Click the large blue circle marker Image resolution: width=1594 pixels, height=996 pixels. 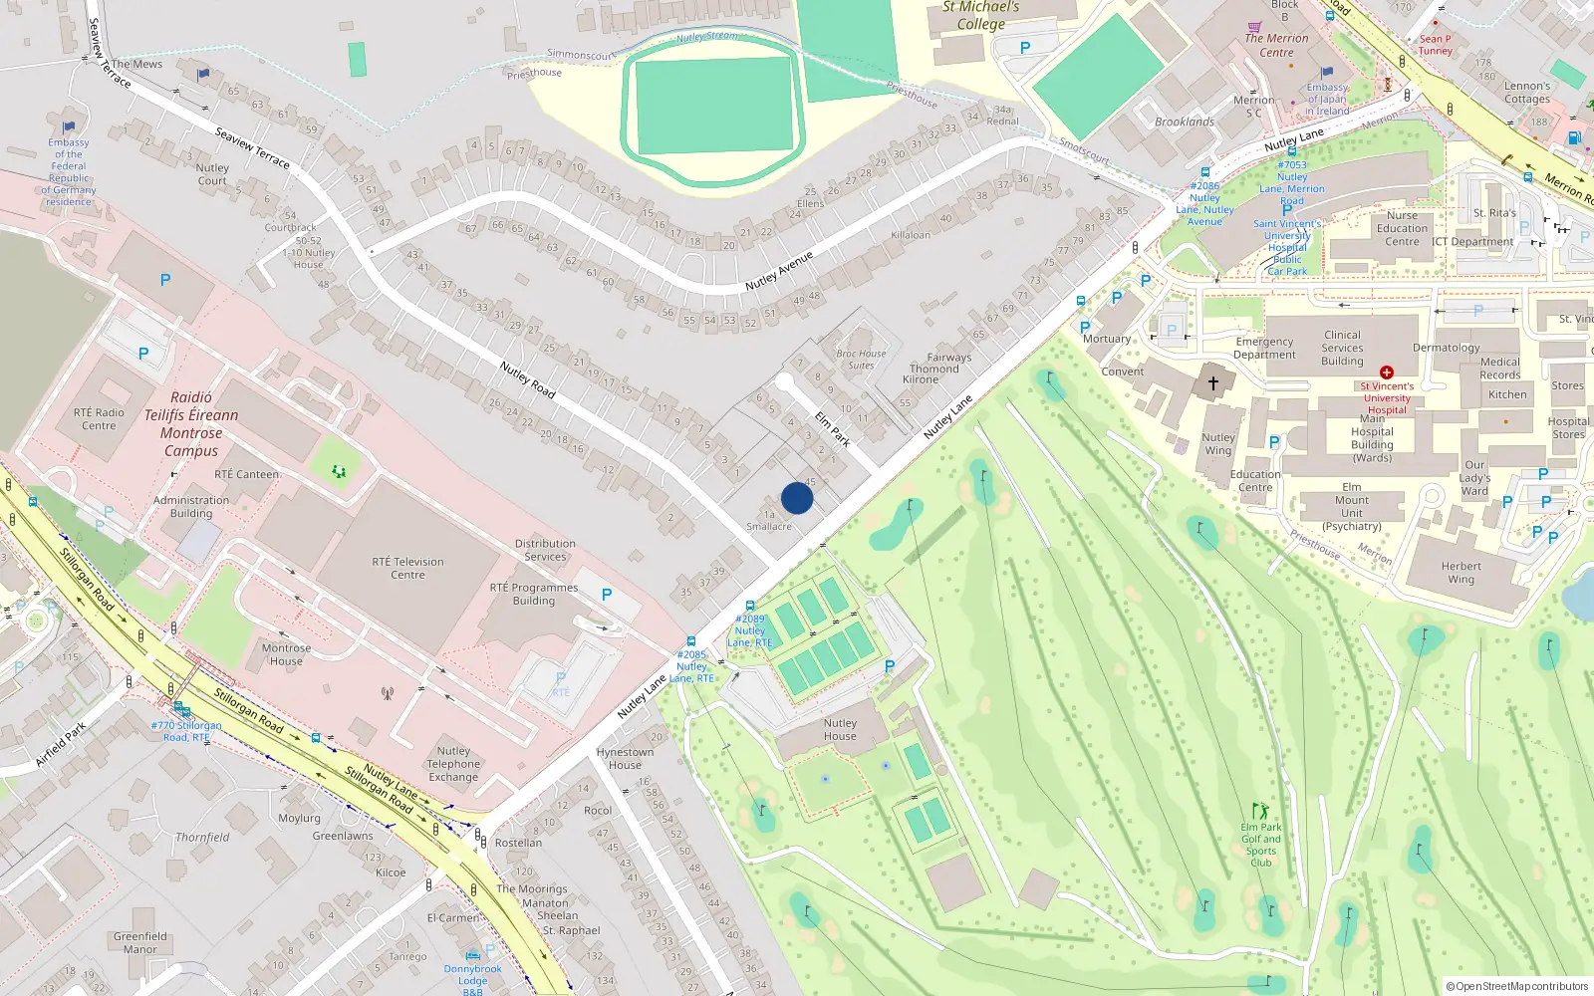coord(797,498)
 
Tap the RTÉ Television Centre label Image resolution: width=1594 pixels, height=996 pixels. coord(408,568)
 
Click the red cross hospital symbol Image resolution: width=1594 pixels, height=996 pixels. coord(1386,373)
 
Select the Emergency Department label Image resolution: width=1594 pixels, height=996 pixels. coord(1264,348)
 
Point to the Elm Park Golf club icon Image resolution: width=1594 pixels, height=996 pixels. coord(1260,811)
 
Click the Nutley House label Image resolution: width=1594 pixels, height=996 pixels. coord(840,729)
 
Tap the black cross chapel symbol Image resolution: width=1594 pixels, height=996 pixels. coord(1213,382)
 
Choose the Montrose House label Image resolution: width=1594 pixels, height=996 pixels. coord(286,654)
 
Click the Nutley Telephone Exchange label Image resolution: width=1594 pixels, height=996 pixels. coord(453,764)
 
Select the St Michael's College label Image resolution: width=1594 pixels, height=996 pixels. coord(981,16)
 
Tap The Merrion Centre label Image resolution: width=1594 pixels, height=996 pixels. coord(1276,45)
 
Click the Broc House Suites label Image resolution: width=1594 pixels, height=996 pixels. coord(861,360)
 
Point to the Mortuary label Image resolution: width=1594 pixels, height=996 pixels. coord(1107,339)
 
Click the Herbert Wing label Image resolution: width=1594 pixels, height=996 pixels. coord(1461,573)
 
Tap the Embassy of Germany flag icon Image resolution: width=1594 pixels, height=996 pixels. coord(69,127)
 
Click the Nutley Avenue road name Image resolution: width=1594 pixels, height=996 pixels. coord(779,271)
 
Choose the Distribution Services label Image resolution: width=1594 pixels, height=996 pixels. coord(545,550)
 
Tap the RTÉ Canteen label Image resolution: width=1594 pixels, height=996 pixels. coord(246,474)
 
